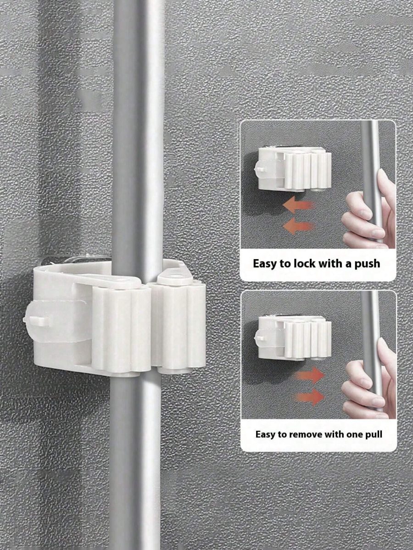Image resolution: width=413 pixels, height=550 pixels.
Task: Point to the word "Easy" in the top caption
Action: pyautogui.click(x=265, y=264)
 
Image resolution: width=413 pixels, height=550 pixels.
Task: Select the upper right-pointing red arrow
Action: pyautogui.click(x=309, y=375)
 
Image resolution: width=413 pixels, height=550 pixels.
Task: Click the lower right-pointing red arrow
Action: pyautogui.click(x=309, y=397)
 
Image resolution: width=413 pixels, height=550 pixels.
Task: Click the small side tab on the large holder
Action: pyautogui.click(x=37, y=321)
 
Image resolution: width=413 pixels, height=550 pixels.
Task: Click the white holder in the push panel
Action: pyautogui.click(x=294, y=170)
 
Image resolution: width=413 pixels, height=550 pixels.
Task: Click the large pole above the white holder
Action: pyautogui.click(x=138, y=130)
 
